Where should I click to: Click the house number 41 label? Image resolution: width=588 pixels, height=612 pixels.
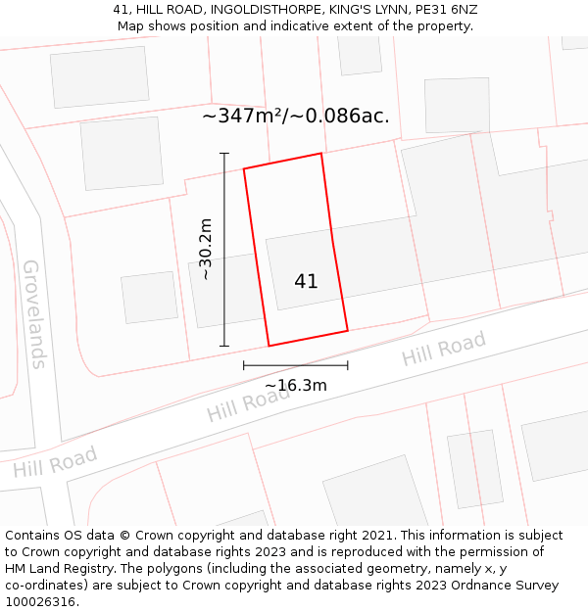[x=306, y=281]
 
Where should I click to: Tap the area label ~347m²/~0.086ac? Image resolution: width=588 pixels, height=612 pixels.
[x=296, y=116]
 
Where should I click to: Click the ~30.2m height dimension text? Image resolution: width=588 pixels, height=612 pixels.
[x=205, y=249]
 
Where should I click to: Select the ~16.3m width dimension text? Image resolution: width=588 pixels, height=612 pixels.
[x=296, y=385]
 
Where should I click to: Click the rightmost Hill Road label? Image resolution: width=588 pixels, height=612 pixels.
[x=443, y=350]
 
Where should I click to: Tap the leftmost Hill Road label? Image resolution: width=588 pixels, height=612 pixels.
[x=55, y=462]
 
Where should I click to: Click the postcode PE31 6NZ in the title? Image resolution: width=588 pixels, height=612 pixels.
[x=447, y=10]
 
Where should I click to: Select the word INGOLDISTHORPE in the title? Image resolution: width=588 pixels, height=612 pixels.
[x=264, y=10]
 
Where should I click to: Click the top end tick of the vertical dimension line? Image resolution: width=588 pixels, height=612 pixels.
[x=224, y=154]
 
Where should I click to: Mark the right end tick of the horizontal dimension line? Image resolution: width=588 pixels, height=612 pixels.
[x=348, y=365]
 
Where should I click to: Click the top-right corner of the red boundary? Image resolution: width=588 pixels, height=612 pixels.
[x=321, y=154]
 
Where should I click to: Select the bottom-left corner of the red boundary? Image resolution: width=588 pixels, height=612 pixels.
[x=269, y=346]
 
